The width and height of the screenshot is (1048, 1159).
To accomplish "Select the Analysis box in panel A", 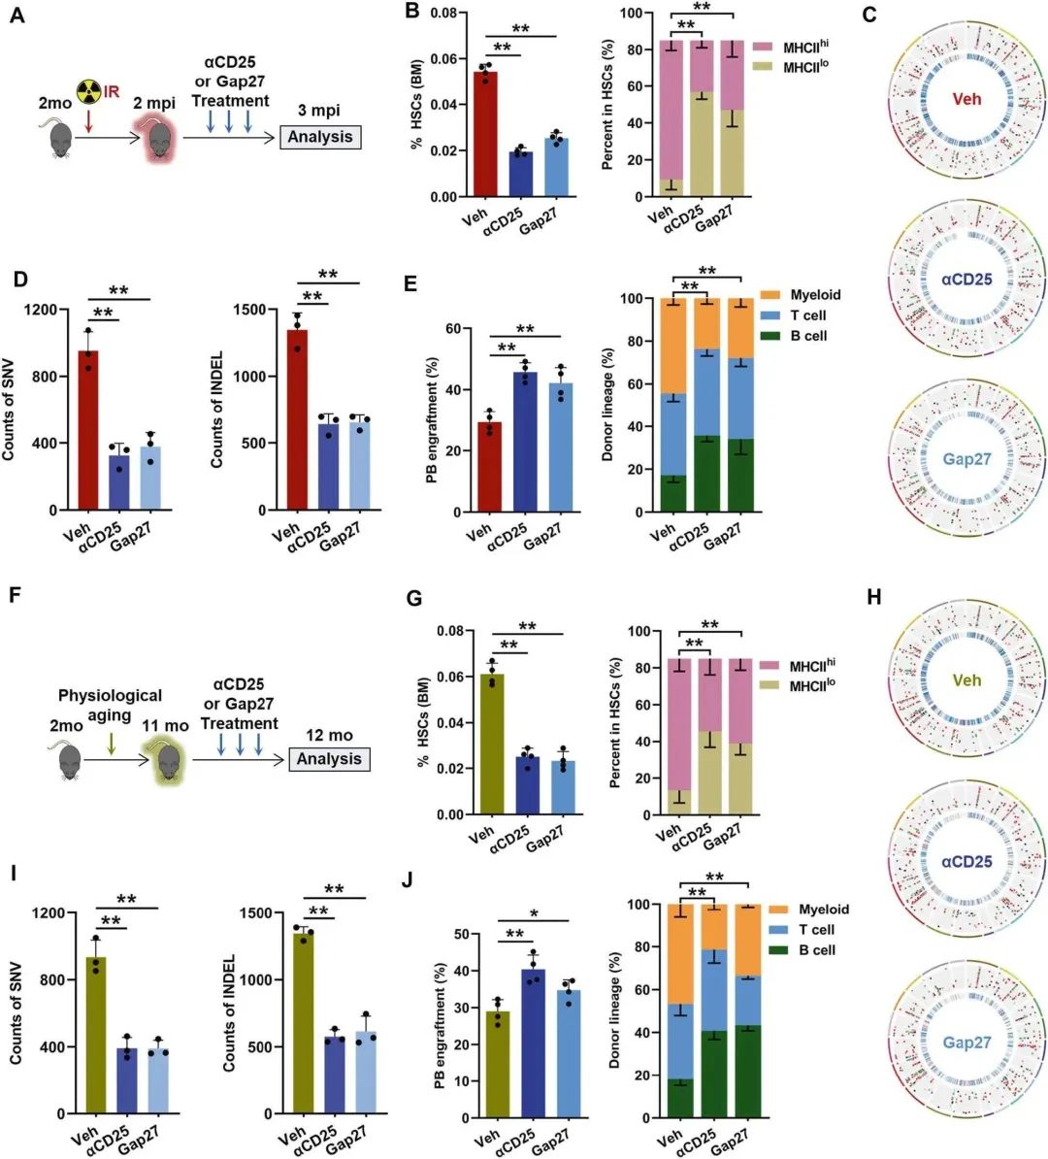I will pyautogui.click(x=319, y=137).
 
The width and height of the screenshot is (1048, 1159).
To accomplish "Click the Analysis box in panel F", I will pyautogui.click(x=329, y=759).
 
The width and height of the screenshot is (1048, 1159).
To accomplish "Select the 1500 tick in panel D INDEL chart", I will pyautogui.click(x=250, y=310).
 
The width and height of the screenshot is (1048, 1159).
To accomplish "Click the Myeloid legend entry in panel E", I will pyautogui.click(x=814, y=295).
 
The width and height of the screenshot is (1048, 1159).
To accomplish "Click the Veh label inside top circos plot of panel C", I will pyautogui.click(x=966, y=99).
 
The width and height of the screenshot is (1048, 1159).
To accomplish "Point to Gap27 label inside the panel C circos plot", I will pyautogui.click(x=966, y=459).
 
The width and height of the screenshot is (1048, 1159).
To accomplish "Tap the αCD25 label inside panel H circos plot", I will pyautogui.click(x=966, y=860).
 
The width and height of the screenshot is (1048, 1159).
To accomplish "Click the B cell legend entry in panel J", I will pyautogui.click(x=816, y=950).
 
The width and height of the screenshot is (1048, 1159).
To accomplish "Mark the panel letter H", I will pyautogui.click(x=874, y=597).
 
